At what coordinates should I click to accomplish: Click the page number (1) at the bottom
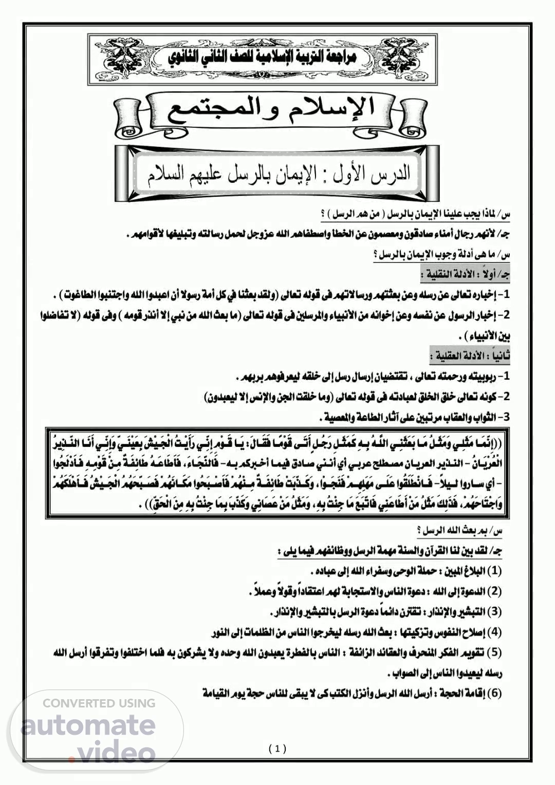(277, 749)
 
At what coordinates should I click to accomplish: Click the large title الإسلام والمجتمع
(271, 110)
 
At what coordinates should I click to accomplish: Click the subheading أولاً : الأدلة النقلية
(465, 275)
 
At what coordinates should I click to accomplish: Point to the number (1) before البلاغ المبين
(494, 571)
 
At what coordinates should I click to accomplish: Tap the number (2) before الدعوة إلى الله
(494, 591)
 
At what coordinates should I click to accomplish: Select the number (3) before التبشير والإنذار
(494, 612)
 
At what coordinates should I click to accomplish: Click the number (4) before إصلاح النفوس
(494, 632)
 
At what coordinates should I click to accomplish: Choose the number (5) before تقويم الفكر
(494, 652)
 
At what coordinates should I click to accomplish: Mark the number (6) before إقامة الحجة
(494, 693)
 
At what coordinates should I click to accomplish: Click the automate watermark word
(88, 724)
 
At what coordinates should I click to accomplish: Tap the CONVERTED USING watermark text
(99, 703)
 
